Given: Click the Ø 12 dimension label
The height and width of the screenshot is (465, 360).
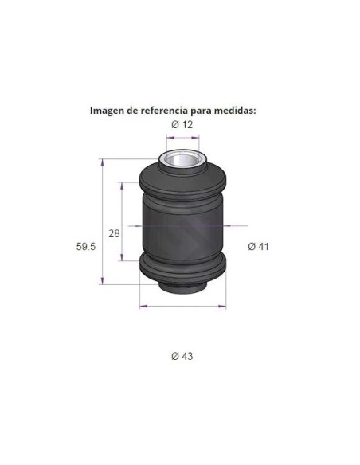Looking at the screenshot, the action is [182, 124].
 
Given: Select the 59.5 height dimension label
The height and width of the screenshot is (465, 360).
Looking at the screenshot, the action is [86, 247].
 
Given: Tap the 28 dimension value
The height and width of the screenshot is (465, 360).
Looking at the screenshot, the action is [114, 233].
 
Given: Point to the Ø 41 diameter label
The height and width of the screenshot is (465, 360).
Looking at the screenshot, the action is [258, 247].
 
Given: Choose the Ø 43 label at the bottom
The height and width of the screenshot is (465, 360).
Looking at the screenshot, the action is [182, 356].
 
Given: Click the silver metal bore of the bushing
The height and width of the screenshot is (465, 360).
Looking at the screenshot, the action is [182, 160].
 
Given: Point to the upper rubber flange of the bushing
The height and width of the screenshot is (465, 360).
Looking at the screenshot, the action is [182, 182].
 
